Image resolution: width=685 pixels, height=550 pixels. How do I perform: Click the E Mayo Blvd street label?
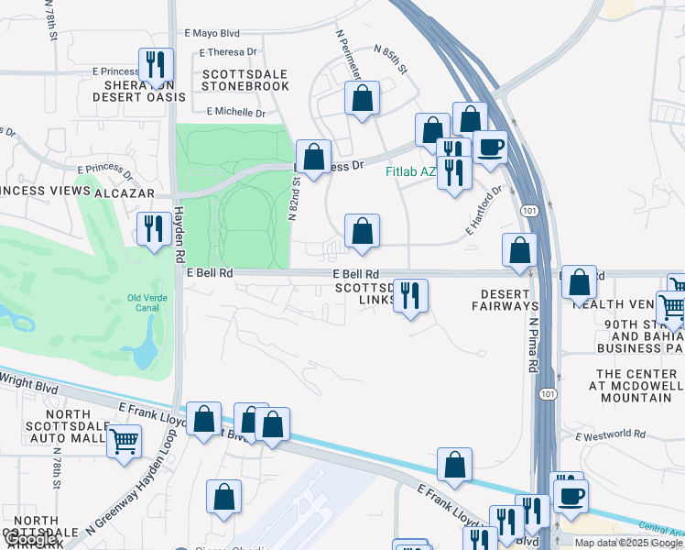point(212,33)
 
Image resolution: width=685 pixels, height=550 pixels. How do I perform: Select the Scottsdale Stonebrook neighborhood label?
point(245,80)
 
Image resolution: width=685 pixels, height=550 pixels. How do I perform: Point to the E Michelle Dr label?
point(235,112)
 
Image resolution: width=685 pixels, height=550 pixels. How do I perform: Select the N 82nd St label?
point(294,199)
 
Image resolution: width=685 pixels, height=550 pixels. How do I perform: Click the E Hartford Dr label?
point(484,213)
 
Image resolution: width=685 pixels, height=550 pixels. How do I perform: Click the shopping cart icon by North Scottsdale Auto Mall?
point(124,441)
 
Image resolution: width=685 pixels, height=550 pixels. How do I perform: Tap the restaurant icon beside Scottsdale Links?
point(410,295)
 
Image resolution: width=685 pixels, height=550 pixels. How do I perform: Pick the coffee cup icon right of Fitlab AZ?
point(490,147)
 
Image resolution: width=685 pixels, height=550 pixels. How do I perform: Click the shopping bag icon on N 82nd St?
point(314,157)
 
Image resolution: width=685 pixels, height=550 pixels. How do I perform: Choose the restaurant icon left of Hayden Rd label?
point(153,228)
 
